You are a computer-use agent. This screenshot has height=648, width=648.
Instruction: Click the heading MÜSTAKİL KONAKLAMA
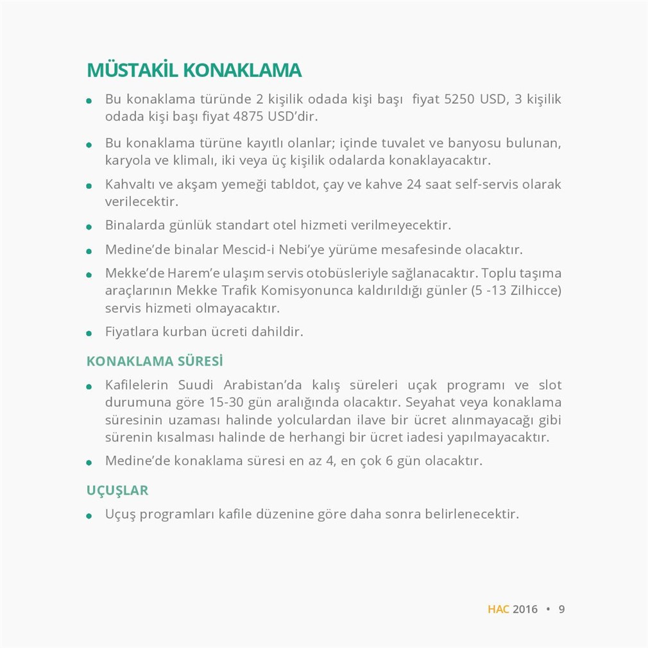click(x=194, y=71)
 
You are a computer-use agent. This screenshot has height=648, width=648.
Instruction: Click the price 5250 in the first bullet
click(x=459, y=100)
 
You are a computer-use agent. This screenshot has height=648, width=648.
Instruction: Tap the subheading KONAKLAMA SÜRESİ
click(x=155, y=361)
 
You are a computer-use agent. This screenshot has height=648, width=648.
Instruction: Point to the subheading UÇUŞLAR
click(x=117, y=491)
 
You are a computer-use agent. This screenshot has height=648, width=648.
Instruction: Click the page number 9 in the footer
click(x=561, y=609)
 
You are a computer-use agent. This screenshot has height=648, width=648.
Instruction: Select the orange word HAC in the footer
click(x=498, y=609)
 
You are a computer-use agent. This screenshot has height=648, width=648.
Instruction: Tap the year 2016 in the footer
click(x=525, y=609)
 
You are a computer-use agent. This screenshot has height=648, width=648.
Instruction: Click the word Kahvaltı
click(x=128, y=185)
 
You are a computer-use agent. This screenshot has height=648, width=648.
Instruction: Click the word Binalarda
click(x=132, y=226)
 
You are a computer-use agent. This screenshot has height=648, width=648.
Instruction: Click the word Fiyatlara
click(x=132, y=332)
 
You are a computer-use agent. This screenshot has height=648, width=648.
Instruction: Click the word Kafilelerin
click(x=137, y=386)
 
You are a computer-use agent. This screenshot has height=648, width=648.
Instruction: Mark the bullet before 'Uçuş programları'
click(x=90, y=516)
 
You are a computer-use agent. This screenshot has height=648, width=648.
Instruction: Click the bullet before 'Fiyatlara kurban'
click(x=90, y=334)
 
